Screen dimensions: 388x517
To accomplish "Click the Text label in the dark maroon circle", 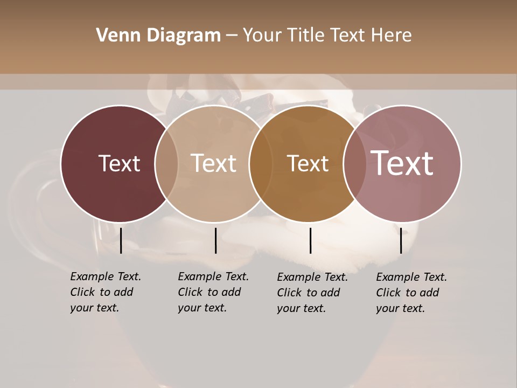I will click(x=119, y=163).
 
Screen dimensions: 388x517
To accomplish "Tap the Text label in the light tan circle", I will click(x=214, y=163).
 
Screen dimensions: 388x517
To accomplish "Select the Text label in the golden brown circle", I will click(x=308, y=163).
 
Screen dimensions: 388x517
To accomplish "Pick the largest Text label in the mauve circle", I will click(x=402, y=163).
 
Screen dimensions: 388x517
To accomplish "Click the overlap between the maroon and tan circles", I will click(x=166, y=164).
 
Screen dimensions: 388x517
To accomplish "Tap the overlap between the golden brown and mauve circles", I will click(x=355, y=164).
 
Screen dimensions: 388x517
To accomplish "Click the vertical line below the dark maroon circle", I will click(x=121, y=240).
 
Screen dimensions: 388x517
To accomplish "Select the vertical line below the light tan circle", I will click(x=215, y=240).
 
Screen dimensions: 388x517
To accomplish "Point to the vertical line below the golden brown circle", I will click(x=310, y=240).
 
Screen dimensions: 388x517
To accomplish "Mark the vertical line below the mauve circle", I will click(x=401, y=240).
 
